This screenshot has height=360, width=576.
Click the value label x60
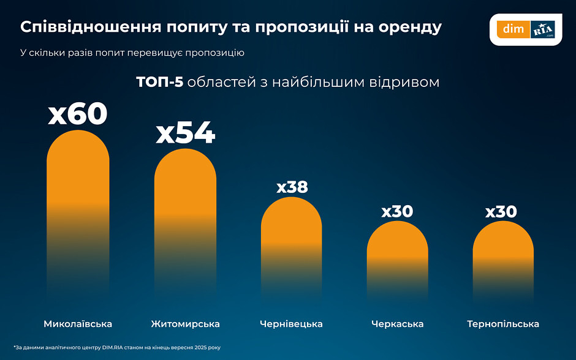78,114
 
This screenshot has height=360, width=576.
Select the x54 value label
185,133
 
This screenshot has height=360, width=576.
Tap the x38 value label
292,187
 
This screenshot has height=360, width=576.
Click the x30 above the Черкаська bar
397,212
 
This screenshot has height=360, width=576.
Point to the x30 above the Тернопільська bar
501,212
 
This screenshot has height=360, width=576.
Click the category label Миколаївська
78,324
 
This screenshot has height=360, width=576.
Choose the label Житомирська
185,324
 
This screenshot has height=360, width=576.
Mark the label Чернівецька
291,324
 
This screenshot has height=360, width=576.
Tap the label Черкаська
397,324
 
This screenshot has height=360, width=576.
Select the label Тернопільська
503,324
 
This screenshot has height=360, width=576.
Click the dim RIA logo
526,29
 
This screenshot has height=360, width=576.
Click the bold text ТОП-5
159,82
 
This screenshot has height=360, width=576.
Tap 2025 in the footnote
196,347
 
